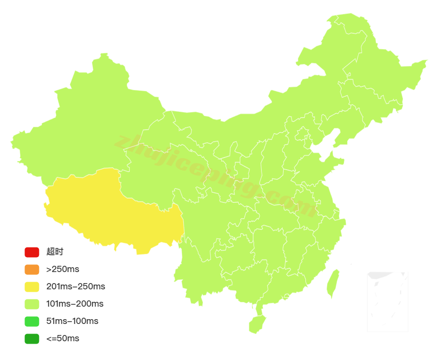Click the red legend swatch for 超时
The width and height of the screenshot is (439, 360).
click(32, 252)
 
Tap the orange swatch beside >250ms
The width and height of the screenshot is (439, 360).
click(32, 269)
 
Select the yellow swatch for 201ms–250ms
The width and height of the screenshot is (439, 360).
click(32, 286)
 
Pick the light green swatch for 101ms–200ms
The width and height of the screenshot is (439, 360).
click(32, 304)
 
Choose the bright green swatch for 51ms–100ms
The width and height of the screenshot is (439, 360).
click(32, 321)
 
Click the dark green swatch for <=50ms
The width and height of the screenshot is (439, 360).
click(32, 338)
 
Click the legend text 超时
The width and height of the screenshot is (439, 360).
click(55, 252)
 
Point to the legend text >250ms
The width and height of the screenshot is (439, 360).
click(63, 269)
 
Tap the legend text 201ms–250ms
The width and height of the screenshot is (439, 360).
click(75, 286)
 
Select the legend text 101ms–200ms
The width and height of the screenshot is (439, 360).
click(75, 304)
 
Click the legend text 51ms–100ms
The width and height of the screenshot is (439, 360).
click(72, 321)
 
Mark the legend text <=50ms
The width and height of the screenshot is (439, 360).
click(63, 338)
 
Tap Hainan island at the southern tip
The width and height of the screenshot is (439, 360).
click(256, 324)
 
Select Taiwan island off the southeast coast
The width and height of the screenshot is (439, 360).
click(333, 284)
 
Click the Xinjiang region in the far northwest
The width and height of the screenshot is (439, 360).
click(87, 120)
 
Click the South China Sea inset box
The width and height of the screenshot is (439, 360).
click(388, 301)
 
